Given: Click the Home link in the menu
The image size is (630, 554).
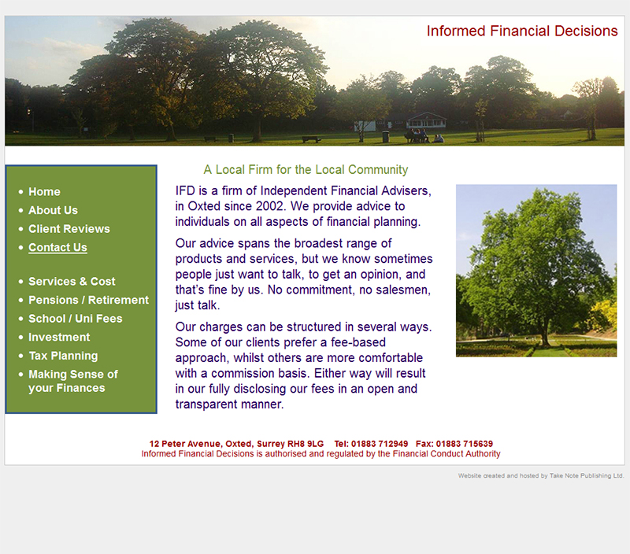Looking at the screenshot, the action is click(44, 192).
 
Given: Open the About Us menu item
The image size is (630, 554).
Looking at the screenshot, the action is click(53, 210).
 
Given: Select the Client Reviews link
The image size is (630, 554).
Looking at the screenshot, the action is click(69, 229).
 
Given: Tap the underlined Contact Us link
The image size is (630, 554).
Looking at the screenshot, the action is click(57, 248).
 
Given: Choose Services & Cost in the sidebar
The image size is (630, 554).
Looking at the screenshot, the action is click(72, 282).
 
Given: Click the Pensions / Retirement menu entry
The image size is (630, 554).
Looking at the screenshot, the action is click(88, 300).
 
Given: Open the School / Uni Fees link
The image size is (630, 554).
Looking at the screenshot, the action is click(75, 319).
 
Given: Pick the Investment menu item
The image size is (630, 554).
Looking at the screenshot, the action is click(59, 338).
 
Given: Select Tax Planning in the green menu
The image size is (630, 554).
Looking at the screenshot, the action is click(63, 356).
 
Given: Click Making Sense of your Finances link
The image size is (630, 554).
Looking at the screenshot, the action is click(73, 381).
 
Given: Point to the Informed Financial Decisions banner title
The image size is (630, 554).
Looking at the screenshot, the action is click(522, 31).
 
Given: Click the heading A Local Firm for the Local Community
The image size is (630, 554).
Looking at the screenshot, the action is click(306, 170).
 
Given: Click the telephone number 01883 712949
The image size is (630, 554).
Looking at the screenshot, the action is click(380, 444).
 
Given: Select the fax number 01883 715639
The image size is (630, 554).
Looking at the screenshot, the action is click(465, 444).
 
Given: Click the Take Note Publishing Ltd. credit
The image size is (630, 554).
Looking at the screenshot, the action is click(587, 476).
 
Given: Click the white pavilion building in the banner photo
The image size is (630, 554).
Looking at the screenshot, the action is click(426, 120).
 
